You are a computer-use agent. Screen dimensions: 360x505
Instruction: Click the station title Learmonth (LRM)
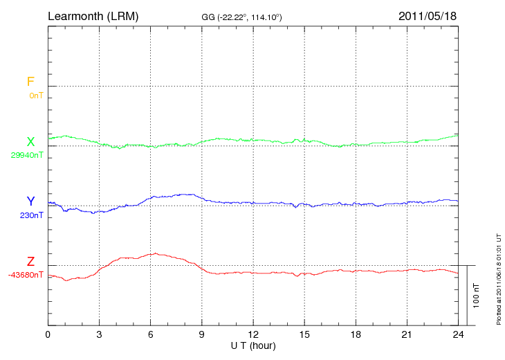point(93,15)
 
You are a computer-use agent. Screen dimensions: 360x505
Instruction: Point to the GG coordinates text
point(241,17)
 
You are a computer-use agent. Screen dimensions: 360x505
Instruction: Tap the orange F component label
point(30,82)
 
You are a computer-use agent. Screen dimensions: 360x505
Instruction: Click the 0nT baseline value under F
point(35,96)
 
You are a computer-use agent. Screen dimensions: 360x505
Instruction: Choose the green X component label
point(30,142)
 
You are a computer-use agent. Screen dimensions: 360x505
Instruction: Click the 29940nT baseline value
point(26,155)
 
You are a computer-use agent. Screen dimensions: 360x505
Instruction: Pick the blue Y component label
point(30,201)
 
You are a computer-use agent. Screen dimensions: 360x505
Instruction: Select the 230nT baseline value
point(32,215)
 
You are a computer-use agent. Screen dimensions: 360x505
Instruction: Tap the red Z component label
point(30,261)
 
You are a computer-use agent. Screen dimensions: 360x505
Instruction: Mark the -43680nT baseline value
point(26,275)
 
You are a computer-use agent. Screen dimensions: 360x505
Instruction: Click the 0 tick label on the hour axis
point(48,334)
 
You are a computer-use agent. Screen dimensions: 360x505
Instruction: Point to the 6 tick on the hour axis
point(151,334)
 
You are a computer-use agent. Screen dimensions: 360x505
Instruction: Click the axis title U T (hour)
point(252,345)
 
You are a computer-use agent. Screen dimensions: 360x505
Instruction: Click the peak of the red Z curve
point(156,253)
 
